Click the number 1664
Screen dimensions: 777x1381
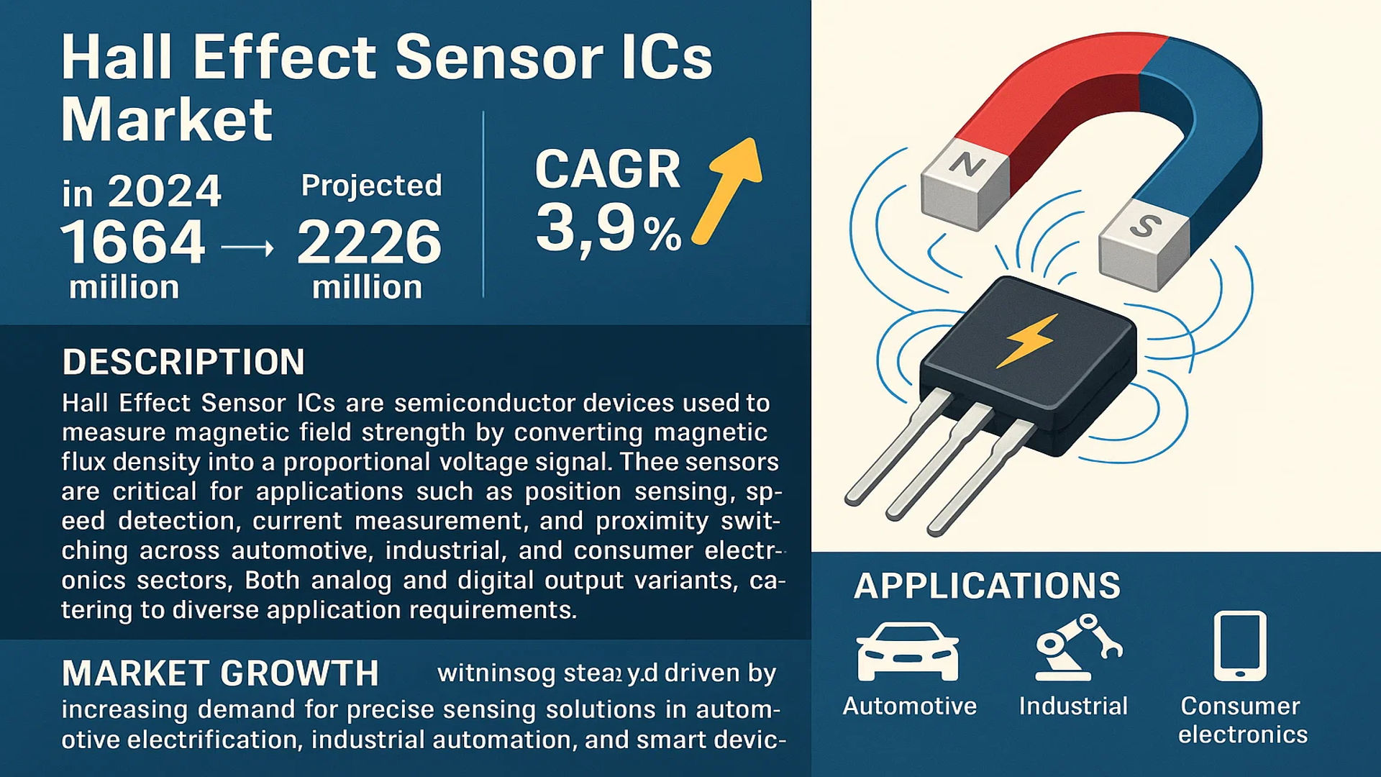click(x=133, y=242)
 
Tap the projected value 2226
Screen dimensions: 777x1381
click(x=369, y=242)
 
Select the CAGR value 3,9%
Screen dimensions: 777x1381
click(x=609, y=229)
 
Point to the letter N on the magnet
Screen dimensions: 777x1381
click(x=966, y=166)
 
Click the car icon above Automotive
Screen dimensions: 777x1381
click(x=908, y=651)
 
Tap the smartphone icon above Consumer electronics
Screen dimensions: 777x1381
click(x=1240, y=645)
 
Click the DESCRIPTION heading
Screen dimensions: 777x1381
click(x=183, y=362)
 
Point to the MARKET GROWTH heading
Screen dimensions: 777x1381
click(x=220, y=673)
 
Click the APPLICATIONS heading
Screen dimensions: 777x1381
click(x=987, y=586)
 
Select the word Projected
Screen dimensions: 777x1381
click(x=371, y=186)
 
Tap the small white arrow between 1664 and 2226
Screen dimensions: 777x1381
click(x=247, y=249)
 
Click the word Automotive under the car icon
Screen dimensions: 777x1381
click(x=909, y=706)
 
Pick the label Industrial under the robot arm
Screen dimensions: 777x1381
click(x=1073, y=706)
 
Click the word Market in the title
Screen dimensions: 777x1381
click(x=167, y=119)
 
